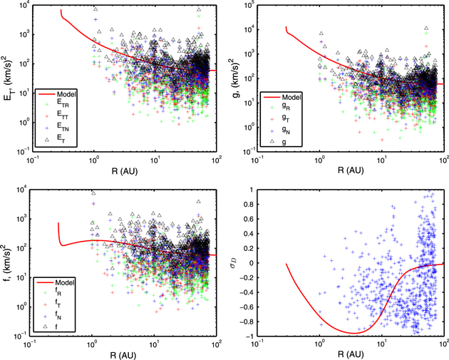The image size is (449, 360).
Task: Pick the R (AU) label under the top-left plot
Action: coord(121,170)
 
